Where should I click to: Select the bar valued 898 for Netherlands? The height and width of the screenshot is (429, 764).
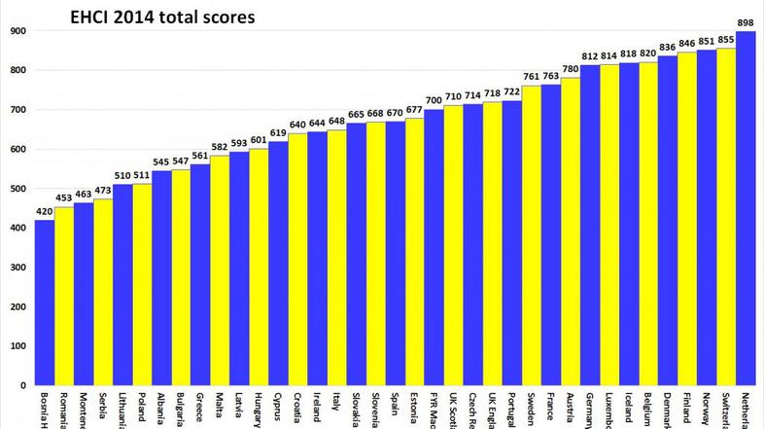[746, 208]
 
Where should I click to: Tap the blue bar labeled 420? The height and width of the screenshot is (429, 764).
[45, 303]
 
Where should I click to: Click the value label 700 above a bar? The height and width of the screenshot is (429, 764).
[434, 100]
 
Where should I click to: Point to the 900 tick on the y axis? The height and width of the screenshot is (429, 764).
[17, 31]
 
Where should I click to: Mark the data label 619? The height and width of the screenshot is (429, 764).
[278, 132]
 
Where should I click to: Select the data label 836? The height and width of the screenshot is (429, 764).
[668, 47]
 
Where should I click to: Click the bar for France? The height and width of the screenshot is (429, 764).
[550, 234]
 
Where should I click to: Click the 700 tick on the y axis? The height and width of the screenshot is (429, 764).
[17, 110]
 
